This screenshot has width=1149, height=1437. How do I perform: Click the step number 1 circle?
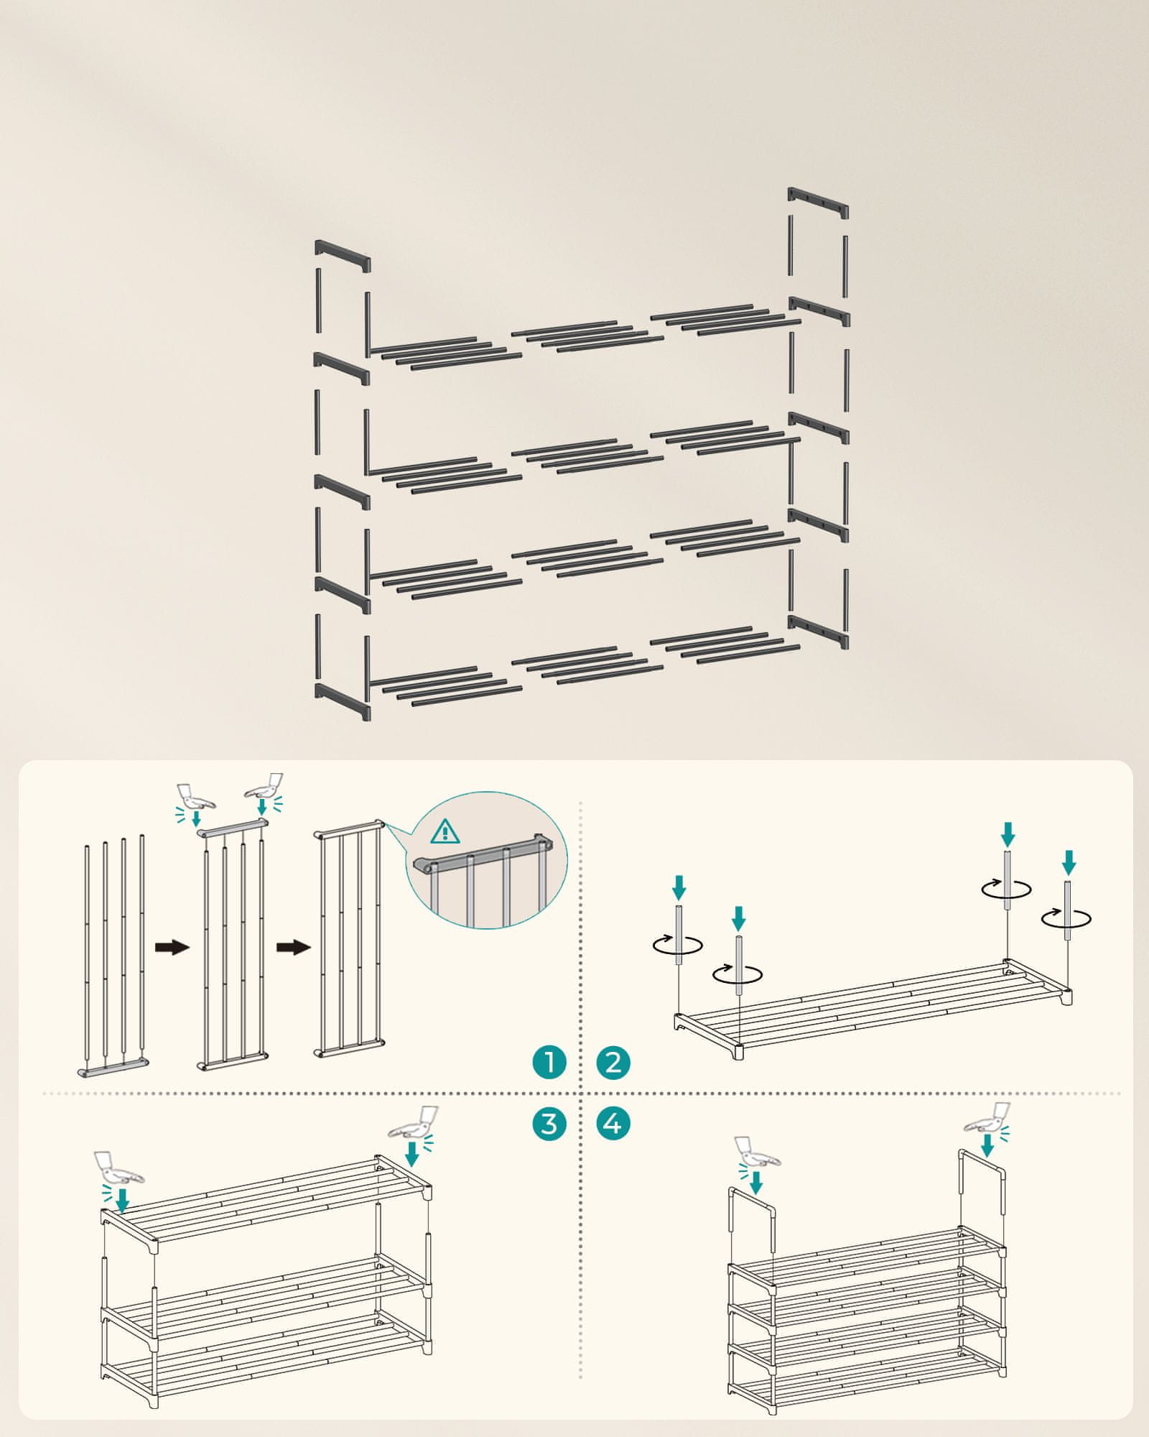click(549, 1062)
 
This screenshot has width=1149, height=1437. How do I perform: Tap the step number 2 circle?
click(613, 1062)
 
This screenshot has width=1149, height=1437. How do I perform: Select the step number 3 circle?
click(549, 1143)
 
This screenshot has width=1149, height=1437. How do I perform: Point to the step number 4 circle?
click(613, 1143)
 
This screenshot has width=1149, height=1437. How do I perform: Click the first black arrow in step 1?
click(172, 947)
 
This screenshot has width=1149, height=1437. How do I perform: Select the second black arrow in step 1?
click(293, 947)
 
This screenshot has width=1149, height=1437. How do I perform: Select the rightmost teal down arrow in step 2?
click(1069, 861)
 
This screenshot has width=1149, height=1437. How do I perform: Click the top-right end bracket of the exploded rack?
click(818, 204)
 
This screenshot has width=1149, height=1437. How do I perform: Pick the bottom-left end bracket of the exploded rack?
click(343, 702)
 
